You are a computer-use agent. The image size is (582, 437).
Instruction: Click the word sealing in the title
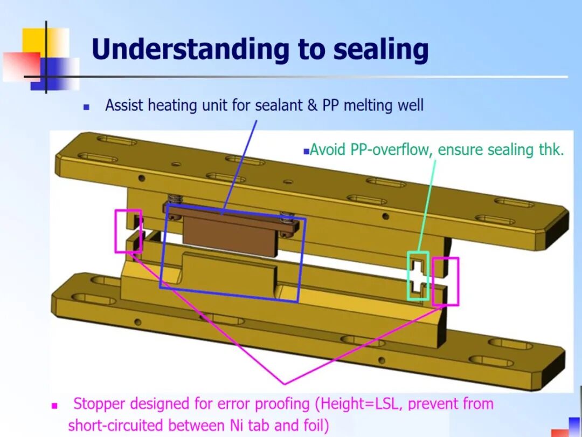click(380, 50)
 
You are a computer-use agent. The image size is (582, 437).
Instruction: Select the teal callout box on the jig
click(418, 276)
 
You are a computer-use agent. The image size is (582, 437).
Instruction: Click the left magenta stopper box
click(128, 231)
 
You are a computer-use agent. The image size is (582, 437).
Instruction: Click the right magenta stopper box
click(446, 281)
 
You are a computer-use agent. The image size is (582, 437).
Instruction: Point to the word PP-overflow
click(391, 149)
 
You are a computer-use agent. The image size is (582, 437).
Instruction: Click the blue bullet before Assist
click(86, 107)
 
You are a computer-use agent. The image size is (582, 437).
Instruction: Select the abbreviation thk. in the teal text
click(551, 149)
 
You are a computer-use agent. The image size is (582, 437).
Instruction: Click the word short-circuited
click(116, 426)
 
